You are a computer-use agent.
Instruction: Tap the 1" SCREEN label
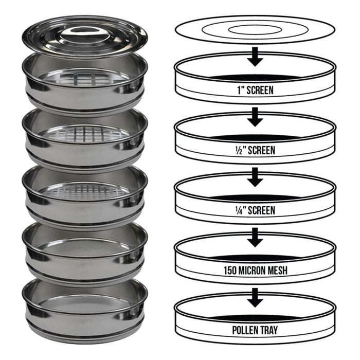coord(255,90)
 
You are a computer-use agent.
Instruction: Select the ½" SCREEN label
coord(255,150)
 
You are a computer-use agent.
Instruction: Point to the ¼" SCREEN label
coord(255,210)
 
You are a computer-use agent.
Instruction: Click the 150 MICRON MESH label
coord(255,270)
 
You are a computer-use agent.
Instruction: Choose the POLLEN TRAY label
coord(255,330)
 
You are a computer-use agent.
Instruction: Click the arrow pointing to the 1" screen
coord(255,57)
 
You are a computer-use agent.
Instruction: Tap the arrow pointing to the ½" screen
coord(255,117)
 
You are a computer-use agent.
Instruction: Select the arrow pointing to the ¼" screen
coord(255,177)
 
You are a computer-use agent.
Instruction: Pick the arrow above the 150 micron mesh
coord(255,237)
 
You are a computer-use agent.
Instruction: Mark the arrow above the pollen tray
coord(255,297)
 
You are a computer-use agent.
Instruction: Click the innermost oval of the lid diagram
coord(255,30)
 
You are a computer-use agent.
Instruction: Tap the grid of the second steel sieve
coord(84,134)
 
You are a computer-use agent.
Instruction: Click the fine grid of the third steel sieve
coord(84,191)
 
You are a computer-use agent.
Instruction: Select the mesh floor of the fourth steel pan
coord(84,247)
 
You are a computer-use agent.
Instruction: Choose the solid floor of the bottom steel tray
coord(84,303)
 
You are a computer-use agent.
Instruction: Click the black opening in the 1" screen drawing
coord(255,78)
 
